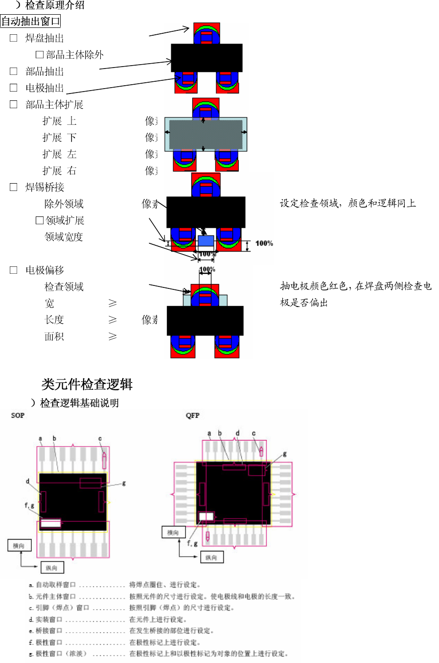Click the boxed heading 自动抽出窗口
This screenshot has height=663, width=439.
[x=30, y=22]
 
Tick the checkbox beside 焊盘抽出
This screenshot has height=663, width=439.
[x=14, y=38]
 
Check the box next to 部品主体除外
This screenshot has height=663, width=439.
[x=40, y=55]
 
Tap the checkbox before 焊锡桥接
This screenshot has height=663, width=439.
[x=14, y=187]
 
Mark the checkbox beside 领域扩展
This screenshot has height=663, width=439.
[x=40, y=220]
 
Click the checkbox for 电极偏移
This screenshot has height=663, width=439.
[x=14, y=270]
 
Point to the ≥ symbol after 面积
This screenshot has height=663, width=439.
[x=113, y=336]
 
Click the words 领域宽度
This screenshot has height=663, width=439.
[x=64, y=237]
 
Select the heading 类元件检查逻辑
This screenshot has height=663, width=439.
[x=87, y=384]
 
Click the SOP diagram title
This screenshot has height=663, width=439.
[x=18, y=415]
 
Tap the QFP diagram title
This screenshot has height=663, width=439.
[x=192, y=415]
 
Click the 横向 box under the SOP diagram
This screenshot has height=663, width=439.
[x=19, y=545]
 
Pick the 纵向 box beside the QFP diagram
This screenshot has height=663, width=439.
[x=211, y=557]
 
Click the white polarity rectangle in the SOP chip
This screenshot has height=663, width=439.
[x=50, y=523]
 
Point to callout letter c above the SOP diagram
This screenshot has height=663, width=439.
[x=100, y=439]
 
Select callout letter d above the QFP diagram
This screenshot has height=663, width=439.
[x=237, y=433]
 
